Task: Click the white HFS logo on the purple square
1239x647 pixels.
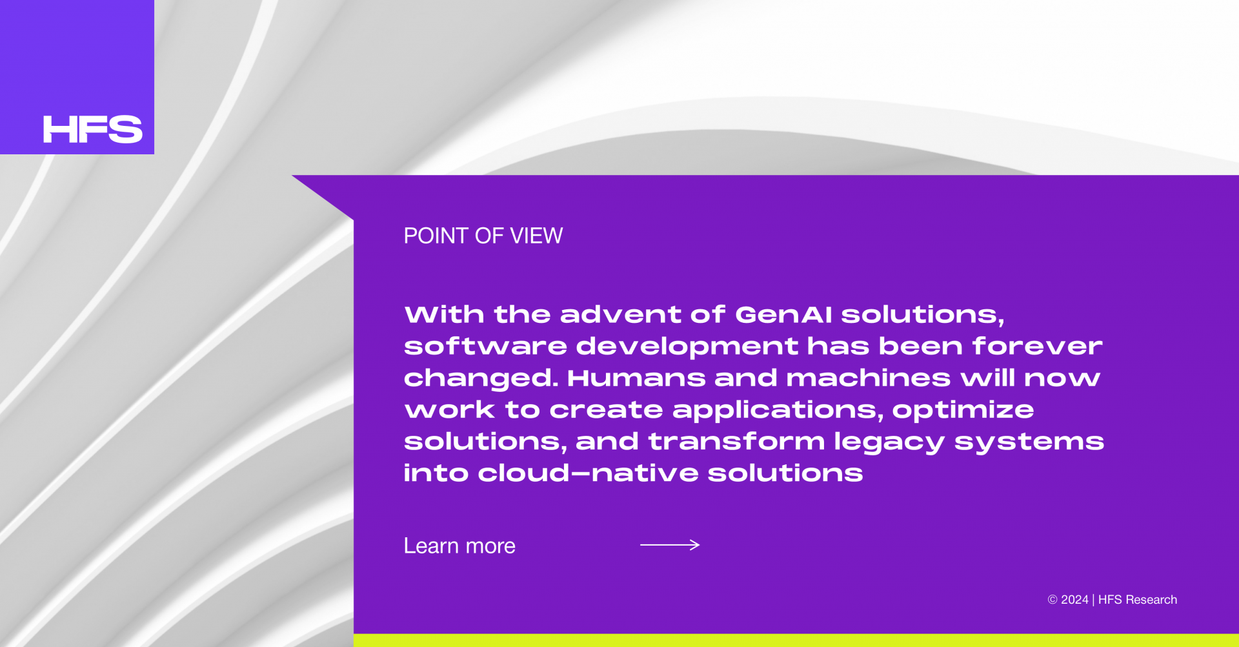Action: [92, 129]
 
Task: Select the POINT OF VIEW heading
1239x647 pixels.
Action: [483, 236]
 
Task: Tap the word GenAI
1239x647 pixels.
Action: [783, 315]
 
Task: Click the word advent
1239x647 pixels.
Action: [620, 315]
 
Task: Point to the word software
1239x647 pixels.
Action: [485, 347]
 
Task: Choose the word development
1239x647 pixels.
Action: [687, 347]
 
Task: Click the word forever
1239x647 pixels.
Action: [1038, 347]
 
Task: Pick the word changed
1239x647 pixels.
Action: [481, 379]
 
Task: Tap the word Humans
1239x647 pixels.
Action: [636, 378]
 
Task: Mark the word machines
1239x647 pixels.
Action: [868, 378]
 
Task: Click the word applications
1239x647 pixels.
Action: [778, 411]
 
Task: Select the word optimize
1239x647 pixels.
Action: [963, 411]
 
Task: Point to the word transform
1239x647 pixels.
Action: [736, 442]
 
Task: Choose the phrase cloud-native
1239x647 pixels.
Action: [588, 473]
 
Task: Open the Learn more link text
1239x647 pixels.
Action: [459, 546]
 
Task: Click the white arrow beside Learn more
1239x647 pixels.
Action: [670, 545]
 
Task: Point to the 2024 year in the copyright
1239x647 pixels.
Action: [1074, 600]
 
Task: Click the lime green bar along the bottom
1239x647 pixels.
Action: [796, 641]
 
